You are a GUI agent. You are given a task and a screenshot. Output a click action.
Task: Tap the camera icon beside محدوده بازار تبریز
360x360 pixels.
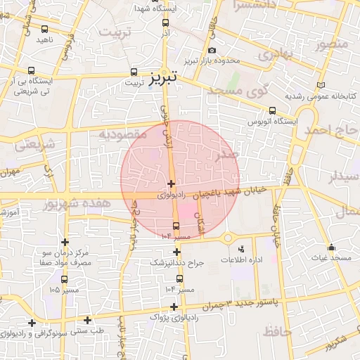point(212,50)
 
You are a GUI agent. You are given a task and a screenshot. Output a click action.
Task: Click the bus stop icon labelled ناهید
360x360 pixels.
point(46,29)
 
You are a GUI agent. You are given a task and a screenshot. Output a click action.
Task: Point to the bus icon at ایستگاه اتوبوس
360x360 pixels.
point(273,110)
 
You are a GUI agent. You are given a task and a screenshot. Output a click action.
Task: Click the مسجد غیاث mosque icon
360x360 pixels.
point(331,247)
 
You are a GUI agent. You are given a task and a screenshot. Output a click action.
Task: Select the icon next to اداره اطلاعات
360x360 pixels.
point(242,249)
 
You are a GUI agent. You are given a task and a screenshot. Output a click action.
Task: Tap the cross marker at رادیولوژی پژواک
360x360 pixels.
point(174,307)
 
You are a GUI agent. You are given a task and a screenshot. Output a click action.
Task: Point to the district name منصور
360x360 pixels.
point(332,44)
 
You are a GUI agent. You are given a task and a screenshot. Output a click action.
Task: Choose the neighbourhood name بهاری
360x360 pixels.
point(273,54)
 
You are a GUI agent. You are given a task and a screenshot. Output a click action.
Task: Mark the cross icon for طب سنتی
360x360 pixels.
point(88,319)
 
